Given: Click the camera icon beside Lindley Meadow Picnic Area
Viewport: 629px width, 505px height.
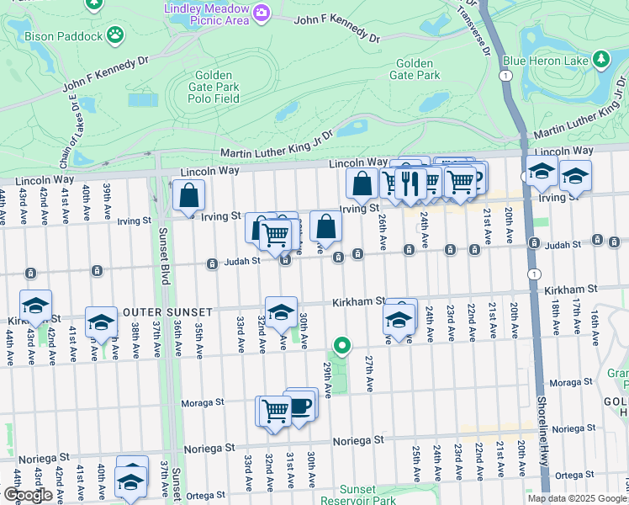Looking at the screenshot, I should pyautogui.click(x=262, y=12).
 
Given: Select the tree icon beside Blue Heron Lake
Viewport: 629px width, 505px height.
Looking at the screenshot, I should pyautogui.click(x=601, y=59).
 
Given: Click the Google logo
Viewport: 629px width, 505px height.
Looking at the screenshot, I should pyautogui.click(x=28, y=494).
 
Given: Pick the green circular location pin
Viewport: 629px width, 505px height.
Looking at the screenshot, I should pyautogui.click(x=341, y=344).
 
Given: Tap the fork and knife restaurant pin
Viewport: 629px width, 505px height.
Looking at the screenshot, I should pyautogui.click(x=410, y=183).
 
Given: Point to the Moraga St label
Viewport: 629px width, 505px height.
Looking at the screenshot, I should pyautogui.click(x=203, y=402).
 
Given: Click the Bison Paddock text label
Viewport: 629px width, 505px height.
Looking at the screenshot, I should pyautogui.click(x=62, y=36).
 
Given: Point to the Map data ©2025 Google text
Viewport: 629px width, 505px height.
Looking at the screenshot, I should pyautogui.click(x=577, y=498).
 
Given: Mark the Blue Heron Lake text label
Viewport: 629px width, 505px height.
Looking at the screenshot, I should pyautogui.click(x=544, y=60).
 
